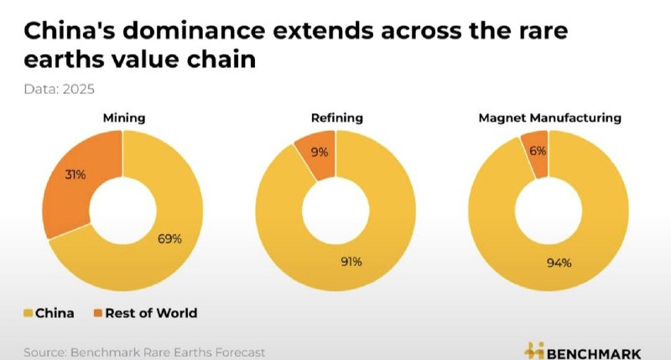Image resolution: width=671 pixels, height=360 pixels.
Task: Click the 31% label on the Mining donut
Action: point(76,175)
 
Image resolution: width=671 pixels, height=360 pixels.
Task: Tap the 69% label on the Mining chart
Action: point(169,238)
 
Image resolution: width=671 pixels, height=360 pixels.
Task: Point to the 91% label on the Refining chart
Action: point(351,262)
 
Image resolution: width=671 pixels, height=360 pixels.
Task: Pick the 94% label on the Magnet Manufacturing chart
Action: point(559,263)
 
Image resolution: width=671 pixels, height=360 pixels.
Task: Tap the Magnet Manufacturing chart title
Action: point(549,118)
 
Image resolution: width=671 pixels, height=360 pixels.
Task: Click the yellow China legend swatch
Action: point(29,313)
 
